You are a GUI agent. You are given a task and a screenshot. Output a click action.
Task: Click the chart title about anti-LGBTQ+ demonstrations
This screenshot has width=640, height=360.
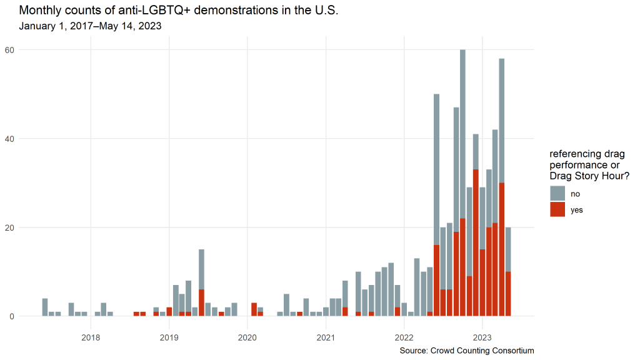pos(178,11)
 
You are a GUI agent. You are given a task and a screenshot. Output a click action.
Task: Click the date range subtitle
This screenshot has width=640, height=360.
pos(90,26)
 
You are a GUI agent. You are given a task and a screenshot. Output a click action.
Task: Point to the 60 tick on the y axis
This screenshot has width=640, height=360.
pos(28,49)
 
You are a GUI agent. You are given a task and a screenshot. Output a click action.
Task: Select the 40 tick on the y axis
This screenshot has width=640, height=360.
pos(28,138)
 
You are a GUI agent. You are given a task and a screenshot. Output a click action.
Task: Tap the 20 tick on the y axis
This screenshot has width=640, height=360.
pos(28,227)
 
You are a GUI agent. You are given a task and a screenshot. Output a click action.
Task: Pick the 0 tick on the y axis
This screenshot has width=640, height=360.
pos(31,316)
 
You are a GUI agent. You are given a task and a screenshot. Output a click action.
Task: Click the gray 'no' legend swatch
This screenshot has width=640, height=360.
pos(557,193)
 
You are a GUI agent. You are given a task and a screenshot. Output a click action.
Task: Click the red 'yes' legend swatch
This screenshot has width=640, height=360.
pos(557,209)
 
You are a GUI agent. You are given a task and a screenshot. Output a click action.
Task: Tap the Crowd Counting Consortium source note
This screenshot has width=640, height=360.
pos(467,351)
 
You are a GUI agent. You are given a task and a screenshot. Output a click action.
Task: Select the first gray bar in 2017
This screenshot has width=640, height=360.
pos(45,307)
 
